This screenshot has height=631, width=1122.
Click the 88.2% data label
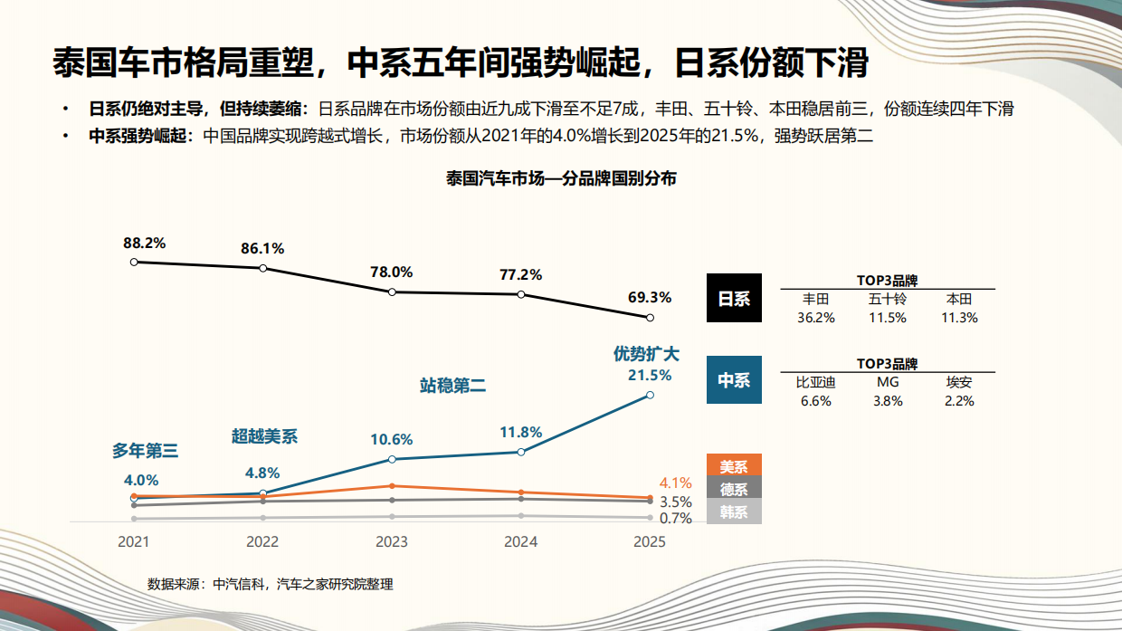tap(145, 244)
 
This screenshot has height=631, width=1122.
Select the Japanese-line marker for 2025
tap(650, 318)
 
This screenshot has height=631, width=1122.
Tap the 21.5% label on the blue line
tap(650, 375)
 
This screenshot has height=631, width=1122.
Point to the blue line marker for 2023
tap(392, 460)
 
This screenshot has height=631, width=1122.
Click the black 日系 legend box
tap(734, 299)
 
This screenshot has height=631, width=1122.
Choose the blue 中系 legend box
tap(734, 380)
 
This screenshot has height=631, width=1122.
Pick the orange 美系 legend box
tap(734, 466)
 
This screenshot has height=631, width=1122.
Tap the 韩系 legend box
tap(734, 512)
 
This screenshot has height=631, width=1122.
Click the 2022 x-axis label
tap(262, 542)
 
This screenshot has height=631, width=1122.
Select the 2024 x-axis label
tap(520, 542)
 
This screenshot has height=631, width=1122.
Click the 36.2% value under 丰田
tap(815, 318)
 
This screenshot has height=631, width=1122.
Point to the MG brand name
tap(888, 382)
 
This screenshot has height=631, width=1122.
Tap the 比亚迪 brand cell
tap(815, 382)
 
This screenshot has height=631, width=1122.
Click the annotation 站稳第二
tap(452, 387)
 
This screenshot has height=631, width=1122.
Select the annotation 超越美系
tap(264, 436)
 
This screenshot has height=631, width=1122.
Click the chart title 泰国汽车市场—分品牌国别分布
tap(561, 178)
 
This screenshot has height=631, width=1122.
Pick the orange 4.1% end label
tap(675, 483)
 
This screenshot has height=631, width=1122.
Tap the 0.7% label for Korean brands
tap(675, 519)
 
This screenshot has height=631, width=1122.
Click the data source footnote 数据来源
tap(271, 584)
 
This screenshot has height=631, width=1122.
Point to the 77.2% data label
tap(520, 274)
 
